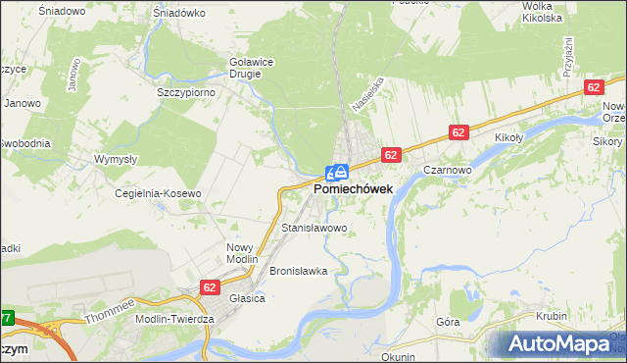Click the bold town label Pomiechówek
[x=354, y=188]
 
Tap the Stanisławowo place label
[x=314, y=228]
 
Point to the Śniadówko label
[x=179, y=14]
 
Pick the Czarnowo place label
[x=449, y=169]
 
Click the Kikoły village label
[x=512, y=138]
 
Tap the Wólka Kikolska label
[x=542, y=12]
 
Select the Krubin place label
[x=553, y=316]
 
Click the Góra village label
[x=448, y=321]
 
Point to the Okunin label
[x=399, y=357]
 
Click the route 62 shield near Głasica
[x=209, y=286]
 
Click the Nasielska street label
[x=363, y=94]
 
